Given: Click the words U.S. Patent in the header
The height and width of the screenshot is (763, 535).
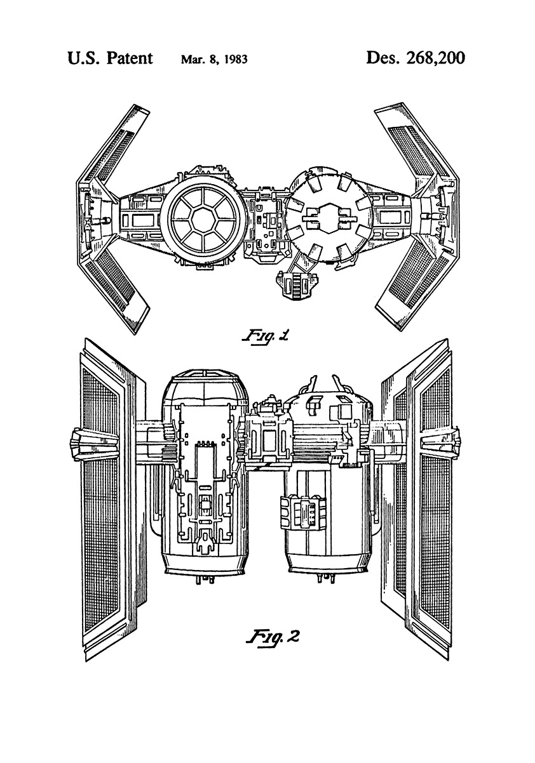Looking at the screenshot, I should pos(109,59).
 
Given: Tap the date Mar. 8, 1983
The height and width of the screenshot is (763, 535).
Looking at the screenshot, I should pos(214,60).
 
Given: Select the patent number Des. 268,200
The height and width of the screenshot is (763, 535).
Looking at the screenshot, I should pos(416,59).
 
